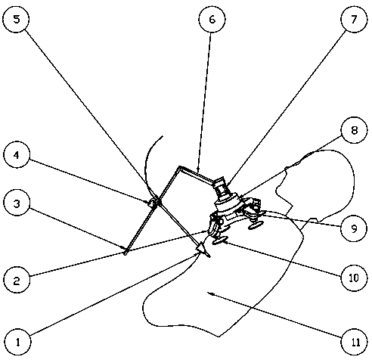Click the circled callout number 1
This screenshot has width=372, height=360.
(17, 342)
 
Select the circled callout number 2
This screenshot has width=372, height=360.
(17, 280)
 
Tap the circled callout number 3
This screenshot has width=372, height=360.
(17, 203)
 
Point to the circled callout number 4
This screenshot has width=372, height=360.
(17, 154)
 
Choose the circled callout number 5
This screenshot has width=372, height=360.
(16, 19)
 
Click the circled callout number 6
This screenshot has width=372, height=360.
(212, 19)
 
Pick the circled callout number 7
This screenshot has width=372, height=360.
(354, 19)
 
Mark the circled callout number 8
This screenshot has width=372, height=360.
(354, 130)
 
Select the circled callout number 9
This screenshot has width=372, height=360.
(354, 228)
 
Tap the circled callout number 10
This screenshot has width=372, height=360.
(354, 278)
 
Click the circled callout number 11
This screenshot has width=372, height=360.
(354, 342)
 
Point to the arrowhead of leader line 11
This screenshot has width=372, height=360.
(209, 293)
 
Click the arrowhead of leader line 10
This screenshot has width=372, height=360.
(226, 242)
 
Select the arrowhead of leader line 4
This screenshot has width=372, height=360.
(150, 201)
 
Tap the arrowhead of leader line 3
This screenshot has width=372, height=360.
(122, 247)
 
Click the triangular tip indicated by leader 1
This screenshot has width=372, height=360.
(202, 250)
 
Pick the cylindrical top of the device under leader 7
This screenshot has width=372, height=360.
(219, 184)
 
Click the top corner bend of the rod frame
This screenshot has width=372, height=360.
(179, 167)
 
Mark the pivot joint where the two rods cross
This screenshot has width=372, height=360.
(157, 203)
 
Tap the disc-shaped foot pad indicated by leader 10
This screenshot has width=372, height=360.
(220, 240)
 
